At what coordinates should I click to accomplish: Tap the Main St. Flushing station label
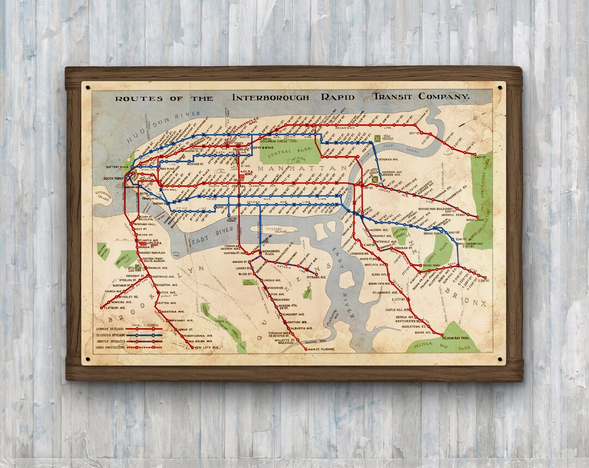click(321, 349)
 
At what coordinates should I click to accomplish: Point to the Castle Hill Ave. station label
click(401, 309)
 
